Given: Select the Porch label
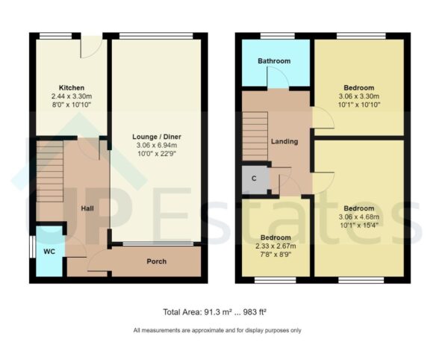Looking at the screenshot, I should click(x=156, y=261).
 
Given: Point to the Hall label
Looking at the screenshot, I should click(x=87, y=210).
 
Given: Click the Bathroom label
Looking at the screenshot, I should click(x=273, y=60).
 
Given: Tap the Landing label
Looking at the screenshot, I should click(x=284, y=141).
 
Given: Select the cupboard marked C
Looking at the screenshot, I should click(x=255, y=179).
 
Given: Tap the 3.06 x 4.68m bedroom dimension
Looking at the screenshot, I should click(x=359, y=217).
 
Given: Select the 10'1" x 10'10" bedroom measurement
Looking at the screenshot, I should click(x=359, y=105).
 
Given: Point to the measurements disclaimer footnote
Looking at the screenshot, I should click(x=217, y=331).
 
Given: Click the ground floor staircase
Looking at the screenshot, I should click(x=49, y=172).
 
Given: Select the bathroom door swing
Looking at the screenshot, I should click(x=278, y=78).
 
